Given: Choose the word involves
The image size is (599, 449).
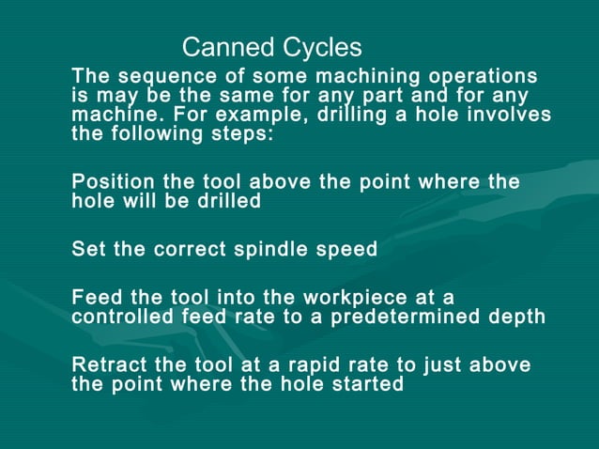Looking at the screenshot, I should click(x=509, y=115).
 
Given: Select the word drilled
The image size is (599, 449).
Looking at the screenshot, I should click(x=225, y=200).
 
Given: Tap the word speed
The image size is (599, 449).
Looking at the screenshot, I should click(x=347, y=249).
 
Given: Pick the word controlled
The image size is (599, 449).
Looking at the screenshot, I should click(x=124, y=317).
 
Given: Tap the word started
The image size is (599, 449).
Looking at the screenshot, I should click(x=369, y=383).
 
